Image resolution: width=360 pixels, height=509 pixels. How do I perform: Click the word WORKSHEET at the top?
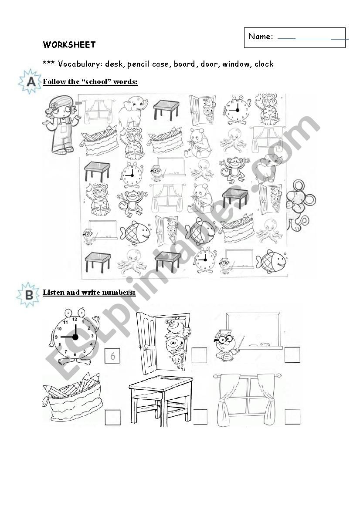(69, 45)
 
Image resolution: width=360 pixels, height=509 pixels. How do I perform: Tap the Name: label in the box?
(261, 37)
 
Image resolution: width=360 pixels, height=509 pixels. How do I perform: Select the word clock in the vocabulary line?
(264, 64)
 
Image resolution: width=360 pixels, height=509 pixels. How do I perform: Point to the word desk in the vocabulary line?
(114, 64)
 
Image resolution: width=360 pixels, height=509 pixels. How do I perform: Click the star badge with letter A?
(30, 81)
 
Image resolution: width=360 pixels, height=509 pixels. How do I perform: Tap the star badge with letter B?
(28, 295)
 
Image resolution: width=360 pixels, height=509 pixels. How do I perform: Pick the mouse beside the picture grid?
(300, 206)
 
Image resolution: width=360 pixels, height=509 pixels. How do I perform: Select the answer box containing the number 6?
(112, 355)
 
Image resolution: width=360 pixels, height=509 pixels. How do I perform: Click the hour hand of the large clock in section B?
(75, 330)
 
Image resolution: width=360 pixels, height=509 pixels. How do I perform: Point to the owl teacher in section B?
(227, 345)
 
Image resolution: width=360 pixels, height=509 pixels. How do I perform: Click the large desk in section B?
(161, 401)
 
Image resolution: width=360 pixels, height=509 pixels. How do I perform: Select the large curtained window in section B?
(247, 399)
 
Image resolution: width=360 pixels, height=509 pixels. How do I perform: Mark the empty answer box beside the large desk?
(200, 417)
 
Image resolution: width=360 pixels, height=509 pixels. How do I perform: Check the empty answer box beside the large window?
(292, 417)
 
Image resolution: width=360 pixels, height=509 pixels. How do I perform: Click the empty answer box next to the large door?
(199, 355)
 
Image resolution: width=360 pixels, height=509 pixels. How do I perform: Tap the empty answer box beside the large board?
(292, 355)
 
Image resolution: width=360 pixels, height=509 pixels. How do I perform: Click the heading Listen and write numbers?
(89, 292)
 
